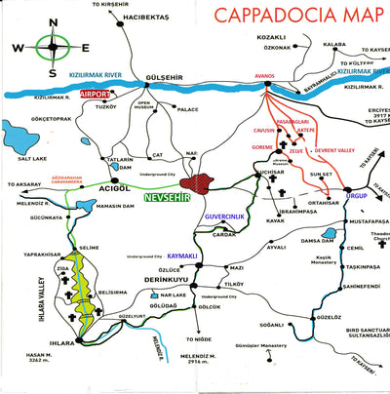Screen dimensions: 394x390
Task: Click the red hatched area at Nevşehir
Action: [x=207, y=181]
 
